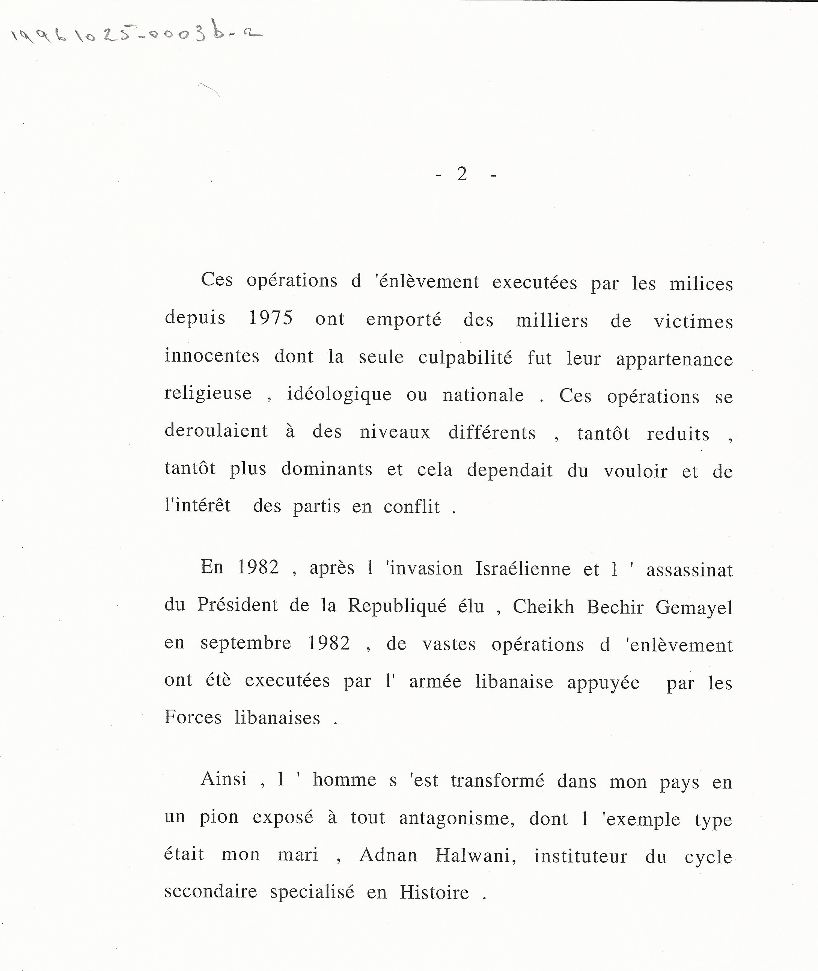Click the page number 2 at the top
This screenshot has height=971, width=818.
(x=462, y=174)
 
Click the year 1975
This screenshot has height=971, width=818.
(x=271, y=318)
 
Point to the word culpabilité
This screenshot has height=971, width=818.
(x=465, y=357)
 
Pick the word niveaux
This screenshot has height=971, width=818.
(x=395, y=432)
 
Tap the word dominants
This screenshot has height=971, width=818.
(x=327, y=469)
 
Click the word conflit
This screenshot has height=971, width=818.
(x=411, y=507)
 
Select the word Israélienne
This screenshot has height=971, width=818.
(x=523, y=569)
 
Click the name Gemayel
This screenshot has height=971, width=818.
(x=694, y=608)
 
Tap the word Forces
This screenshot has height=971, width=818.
(x=193, y=717)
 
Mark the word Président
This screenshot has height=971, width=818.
(x=237, y=605)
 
